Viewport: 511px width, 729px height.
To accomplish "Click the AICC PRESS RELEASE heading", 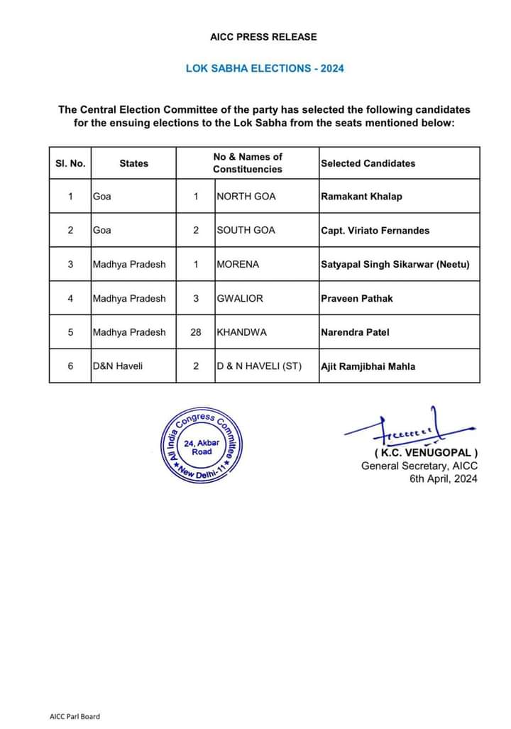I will pyautogui.click(x=263, y=36).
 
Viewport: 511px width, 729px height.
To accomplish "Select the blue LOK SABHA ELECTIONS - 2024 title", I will pyautogui.click(x=265, y=69).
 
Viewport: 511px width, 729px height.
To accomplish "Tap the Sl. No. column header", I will pyautogui.click(x=70, y=163).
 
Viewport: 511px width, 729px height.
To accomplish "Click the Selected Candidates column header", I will pyautogui.click(x=368, y=163).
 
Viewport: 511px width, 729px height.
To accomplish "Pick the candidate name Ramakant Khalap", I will pyautogui.click(x=361, y=196).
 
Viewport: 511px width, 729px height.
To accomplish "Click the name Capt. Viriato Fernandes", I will pyautogui.click(x=375, y=230).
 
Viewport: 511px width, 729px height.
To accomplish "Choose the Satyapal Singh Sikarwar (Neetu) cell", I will pyautogui.click(x=395, y=264).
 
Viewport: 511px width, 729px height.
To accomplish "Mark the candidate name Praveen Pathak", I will pyautogui.click(x=356, y=298).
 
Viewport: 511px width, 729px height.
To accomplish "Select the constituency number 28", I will pyautogui.click(x=196, y=332).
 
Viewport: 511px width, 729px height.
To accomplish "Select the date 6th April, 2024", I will pyautogui.click(x=443, y=478).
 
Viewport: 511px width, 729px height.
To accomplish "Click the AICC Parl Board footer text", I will pyautogui.click(x=75, y=716).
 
